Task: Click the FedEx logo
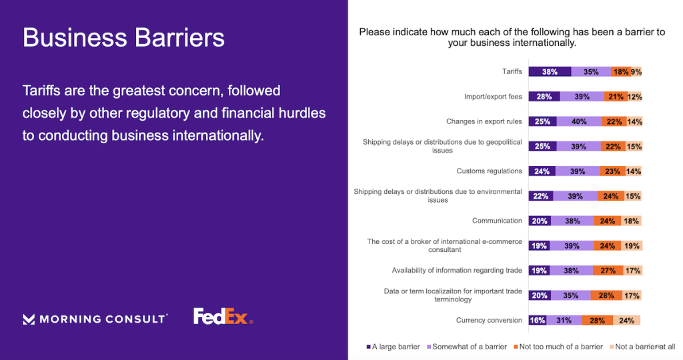[223, 317]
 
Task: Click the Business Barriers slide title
[123, 37]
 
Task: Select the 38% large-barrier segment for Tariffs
[550, 72]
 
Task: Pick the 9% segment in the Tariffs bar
[636, 72]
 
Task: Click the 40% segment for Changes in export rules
[579, 121]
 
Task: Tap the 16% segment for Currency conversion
[538, 321]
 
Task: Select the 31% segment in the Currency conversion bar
[564, 321]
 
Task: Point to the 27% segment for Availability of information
[608, 271]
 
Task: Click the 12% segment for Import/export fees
[635, 97]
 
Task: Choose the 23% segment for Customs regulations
[612, 171]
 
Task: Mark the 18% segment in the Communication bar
[631, 221]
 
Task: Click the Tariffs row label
[512, 71]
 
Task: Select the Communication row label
[497, 221]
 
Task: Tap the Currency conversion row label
[489, 321]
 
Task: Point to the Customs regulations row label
[489, 171]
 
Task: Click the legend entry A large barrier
[393, 347]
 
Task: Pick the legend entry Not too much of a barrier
[558, 347]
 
